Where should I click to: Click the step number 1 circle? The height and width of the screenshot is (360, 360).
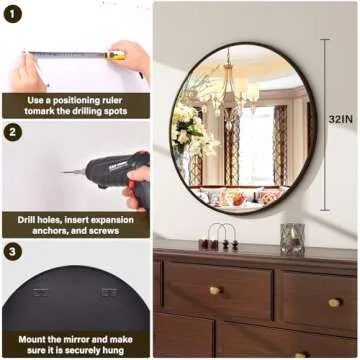point(13,13)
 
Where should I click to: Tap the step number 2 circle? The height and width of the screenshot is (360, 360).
point(13,133)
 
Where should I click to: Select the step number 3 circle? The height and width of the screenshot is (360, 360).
point(13,252)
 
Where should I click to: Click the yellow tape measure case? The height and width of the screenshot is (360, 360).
point(117,56)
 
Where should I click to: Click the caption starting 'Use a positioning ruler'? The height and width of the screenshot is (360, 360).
point(75,105)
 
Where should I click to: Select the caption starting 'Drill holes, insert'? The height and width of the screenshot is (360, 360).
point(75,224)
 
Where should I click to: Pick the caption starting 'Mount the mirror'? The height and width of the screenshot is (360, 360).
point(75,344)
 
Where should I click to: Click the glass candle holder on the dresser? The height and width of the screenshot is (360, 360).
point(292,238)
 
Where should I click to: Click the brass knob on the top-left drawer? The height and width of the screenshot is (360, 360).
point(215,290)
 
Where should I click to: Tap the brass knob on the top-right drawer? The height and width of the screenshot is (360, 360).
point(333,301)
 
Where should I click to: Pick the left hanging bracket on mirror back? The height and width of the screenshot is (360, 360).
point(41,293)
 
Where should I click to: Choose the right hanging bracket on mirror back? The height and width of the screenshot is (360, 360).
point(109,293)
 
